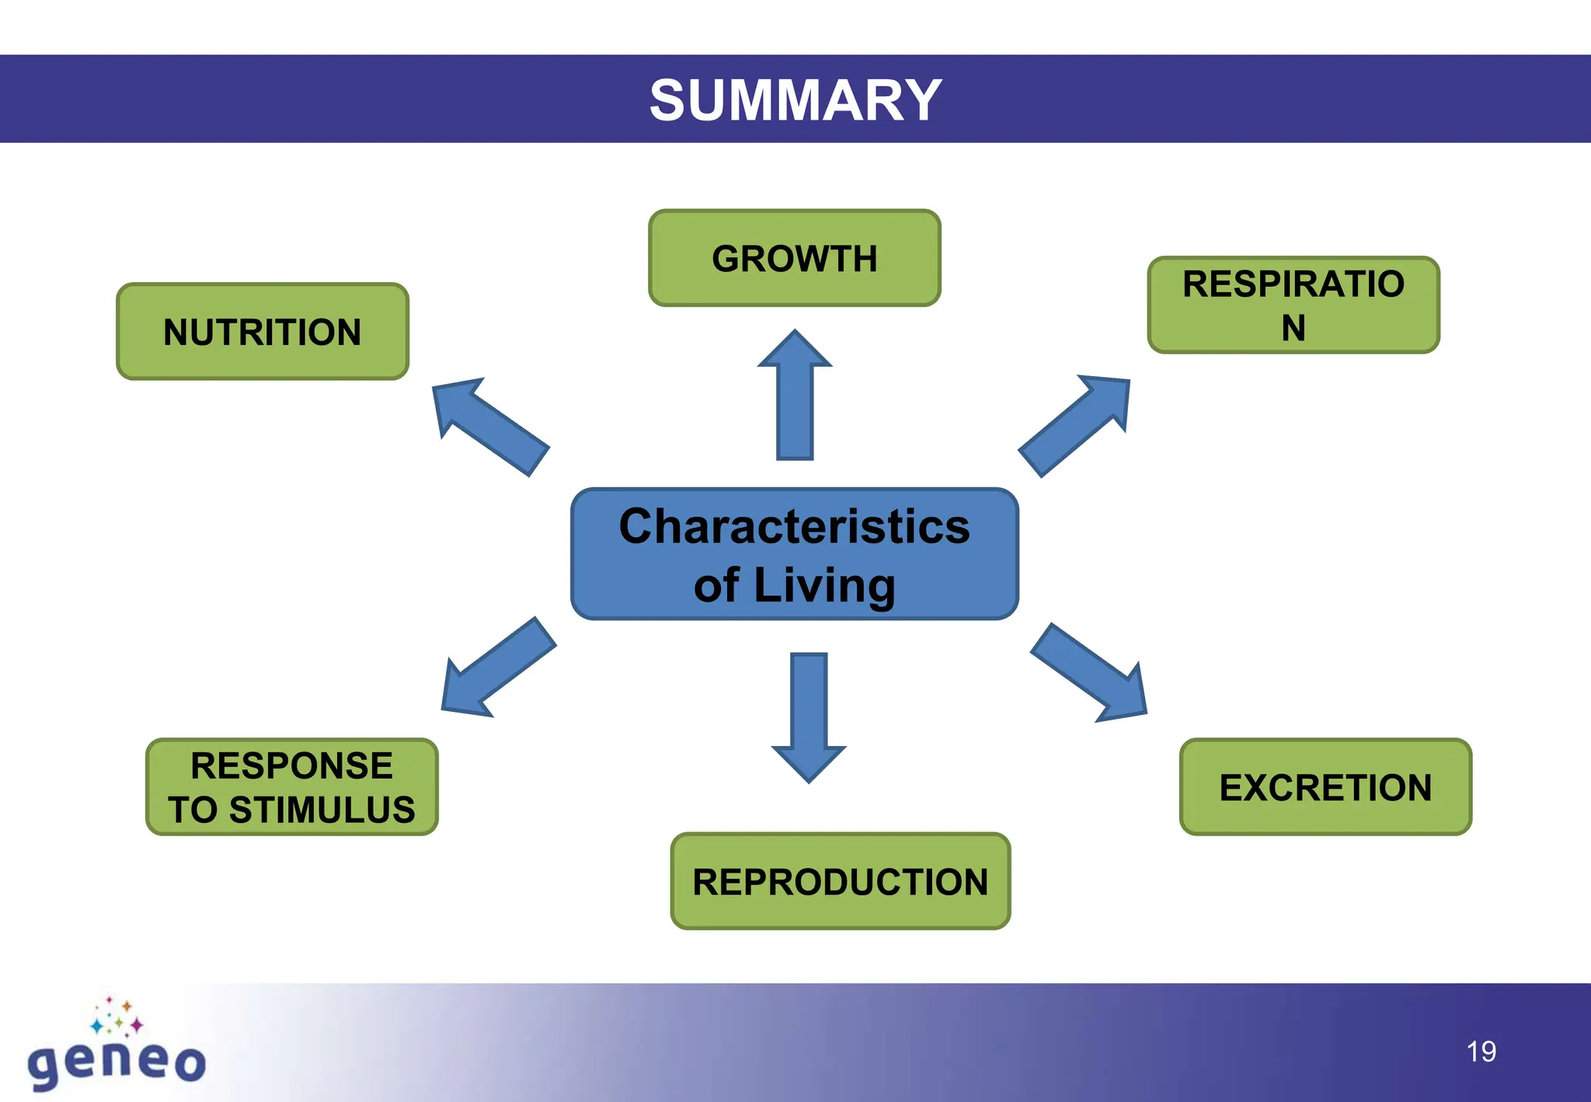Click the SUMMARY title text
click(x=795, y=100)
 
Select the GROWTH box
click(x=795, y=258)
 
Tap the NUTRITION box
click(x=263, y=332)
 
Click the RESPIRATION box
click(x=1293, y=305)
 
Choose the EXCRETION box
click(x=1325, y=787)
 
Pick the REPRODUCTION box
click(x=840, y=881)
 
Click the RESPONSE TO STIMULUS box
click(x=292, y=787)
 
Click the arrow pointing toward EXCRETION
click(x=1091, y=674)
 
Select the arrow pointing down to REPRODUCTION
click(x=809, y=715)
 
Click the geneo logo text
click(x=117, y=1062)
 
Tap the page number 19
click(x=1481, y=1051)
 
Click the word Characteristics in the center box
click(x=794, y=526)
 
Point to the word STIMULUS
click(x=322, y=810)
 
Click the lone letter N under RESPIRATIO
click(x=1293, y=328)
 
